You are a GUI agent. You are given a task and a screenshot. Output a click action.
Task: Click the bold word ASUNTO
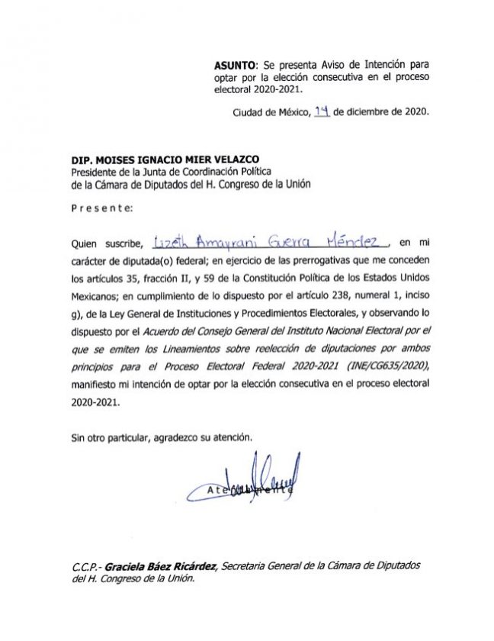[233, 66]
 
